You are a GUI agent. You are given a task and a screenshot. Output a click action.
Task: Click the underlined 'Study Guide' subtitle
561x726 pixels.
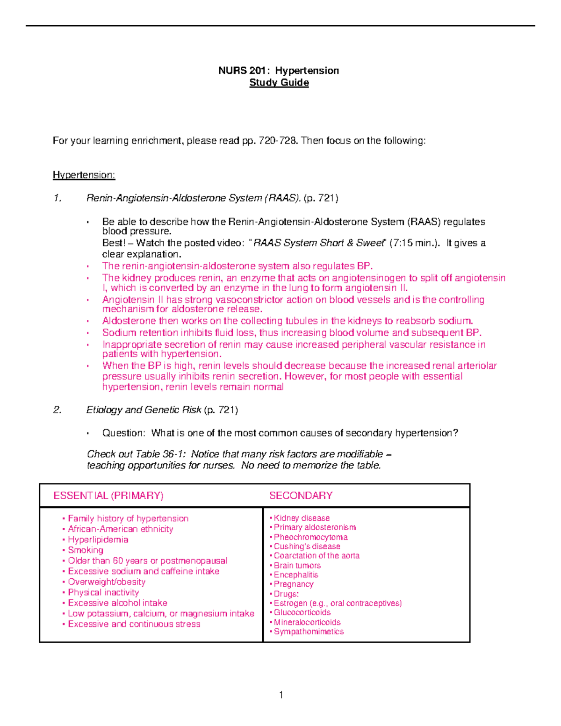coord(279,83)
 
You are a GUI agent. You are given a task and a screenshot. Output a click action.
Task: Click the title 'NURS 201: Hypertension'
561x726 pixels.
coord(279,71)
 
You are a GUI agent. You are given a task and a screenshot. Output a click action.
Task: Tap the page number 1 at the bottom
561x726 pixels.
coord(281,695)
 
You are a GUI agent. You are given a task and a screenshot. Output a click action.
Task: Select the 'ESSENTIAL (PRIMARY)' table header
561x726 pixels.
coord(108,496)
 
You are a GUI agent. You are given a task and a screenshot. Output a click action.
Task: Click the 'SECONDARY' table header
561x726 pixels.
coord(301,496)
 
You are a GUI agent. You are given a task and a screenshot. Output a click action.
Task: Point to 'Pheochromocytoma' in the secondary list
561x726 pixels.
coord(310,537)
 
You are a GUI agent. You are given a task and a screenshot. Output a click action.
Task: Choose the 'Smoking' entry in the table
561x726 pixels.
coord(86,550)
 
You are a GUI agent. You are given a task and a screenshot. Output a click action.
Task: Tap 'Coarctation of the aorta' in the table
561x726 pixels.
coord(316,556)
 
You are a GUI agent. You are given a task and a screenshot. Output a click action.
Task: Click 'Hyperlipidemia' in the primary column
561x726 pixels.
coord(98,539)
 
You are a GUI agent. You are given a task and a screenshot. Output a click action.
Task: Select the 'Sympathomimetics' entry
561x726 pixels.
coord(309,632)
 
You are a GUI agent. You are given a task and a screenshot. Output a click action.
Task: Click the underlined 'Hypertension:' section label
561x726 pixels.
coord(84,175)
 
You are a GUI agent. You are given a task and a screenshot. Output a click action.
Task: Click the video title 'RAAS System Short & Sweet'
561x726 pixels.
coord(318,243)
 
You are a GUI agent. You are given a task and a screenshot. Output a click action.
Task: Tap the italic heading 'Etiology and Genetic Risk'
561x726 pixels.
coord(144,410)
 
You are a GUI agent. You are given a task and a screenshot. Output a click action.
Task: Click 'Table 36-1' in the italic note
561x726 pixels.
coord(160,454)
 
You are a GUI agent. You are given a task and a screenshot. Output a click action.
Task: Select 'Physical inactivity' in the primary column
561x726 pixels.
coord(103,592)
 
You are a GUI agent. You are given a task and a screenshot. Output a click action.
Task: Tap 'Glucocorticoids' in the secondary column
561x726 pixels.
coord(302,612)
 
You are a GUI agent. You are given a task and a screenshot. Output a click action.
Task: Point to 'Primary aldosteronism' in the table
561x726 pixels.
coord(315,527)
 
